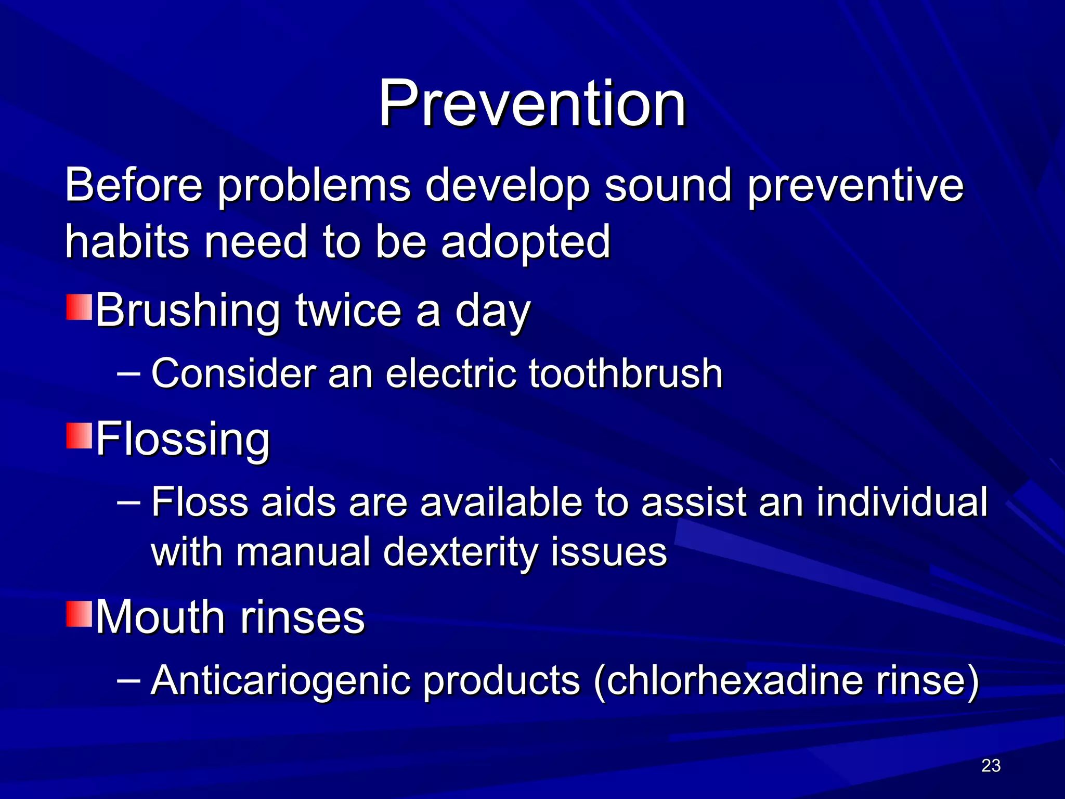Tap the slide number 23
pos(991,765)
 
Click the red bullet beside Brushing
pos(79,307)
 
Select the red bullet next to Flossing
pos(79,435)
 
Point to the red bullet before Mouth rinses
pos(79,613)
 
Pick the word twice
pos(348,311)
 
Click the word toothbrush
pos(626,373)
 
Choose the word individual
pos(902,502)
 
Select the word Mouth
pos(160,617)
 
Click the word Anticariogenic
pos(281,680)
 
